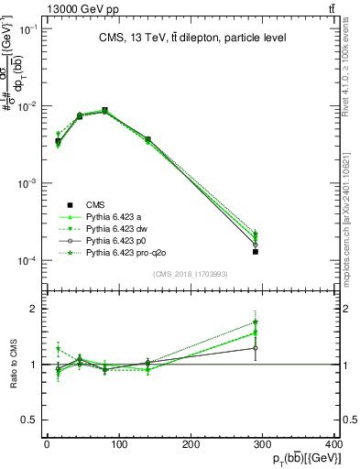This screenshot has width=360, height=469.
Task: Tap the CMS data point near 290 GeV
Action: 256,251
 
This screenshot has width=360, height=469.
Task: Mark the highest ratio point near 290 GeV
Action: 256,322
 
